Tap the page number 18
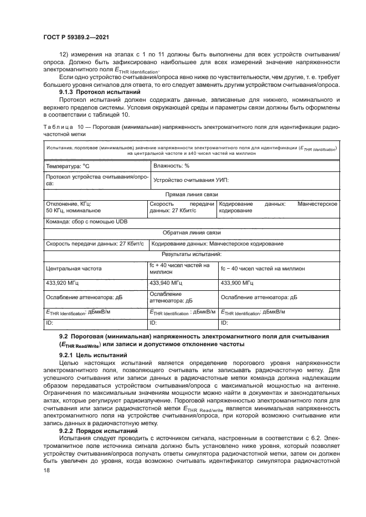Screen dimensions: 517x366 45,470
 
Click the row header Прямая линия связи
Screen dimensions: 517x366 191,195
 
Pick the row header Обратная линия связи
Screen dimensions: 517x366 191,233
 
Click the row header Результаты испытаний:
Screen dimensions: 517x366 191,254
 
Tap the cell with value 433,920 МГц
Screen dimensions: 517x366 62,283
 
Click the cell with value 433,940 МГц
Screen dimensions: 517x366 167,283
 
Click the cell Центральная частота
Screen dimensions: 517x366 74,268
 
